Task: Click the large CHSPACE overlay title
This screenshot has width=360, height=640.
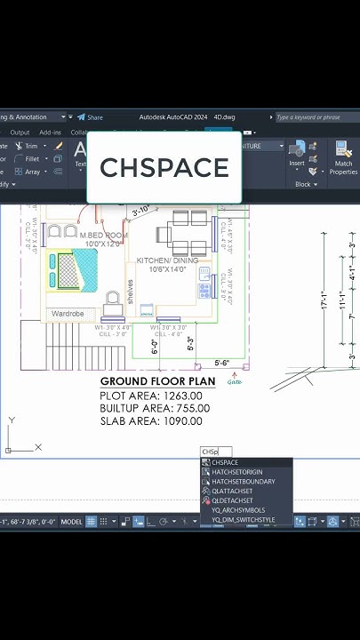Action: coord(164,168)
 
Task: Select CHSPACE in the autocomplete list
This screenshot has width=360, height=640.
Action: coord(225,462)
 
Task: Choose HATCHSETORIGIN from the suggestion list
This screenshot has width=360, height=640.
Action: coord(237,472)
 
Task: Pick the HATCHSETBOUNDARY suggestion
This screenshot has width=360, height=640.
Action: coord(243,482)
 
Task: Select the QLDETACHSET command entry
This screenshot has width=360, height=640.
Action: coord(232,500)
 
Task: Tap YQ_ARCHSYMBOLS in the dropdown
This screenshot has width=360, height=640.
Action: coord(237,510)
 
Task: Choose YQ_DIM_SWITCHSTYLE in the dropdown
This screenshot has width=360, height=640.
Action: coord(243,520)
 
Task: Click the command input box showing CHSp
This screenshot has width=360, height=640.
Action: coord(215,452)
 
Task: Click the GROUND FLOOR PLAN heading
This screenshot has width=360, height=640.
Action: coord(157,380)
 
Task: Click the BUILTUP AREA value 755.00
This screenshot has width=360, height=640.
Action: coord(193,408)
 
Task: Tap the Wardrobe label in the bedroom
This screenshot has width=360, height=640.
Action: coord(68,314)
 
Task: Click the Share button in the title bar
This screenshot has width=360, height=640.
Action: coord(90,116)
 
